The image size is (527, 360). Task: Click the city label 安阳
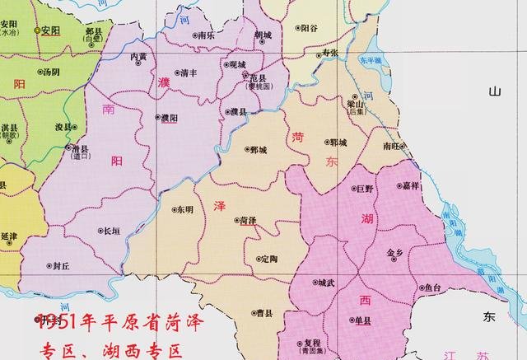(x=50, y=30)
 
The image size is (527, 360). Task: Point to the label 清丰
(x=188, y=72)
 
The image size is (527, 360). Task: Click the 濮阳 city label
(x=171, y=118)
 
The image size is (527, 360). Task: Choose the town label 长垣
(x=110, y=231)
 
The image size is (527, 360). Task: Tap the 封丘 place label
(x=61, y=265)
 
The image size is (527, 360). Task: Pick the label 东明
(x=184, y=209)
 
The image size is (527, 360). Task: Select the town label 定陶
(x=268, y=259)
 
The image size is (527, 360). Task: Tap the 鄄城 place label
(x=258, y=150)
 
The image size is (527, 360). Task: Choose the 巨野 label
(x=364, y=189)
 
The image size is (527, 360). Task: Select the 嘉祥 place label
(x=411, y=186)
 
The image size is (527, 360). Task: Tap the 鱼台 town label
(x=432, y=288)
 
